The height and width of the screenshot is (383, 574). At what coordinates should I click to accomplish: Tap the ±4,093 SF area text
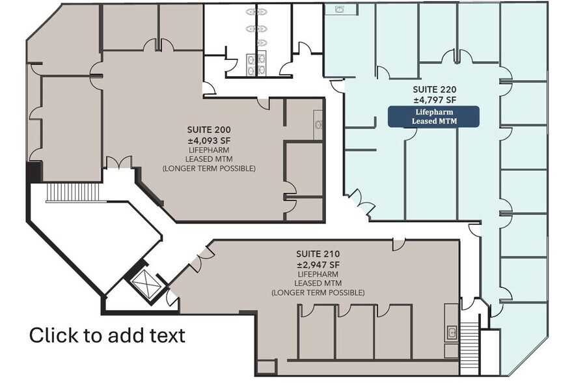[x=208, y=139]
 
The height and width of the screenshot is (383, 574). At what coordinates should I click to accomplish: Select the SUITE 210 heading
[x=318, y=254]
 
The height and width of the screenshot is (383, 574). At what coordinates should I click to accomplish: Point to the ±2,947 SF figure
[x=318, y=264]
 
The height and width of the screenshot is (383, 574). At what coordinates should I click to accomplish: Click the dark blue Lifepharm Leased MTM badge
[x=433, y=117]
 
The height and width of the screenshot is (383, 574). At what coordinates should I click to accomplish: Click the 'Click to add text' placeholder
[x=107, y=335]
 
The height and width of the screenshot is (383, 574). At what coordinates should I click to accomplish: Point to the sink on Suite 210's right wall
[x=451, y=332]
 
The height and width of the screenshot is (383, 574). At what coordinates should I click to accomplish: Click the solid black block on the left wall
[x=32, y=172]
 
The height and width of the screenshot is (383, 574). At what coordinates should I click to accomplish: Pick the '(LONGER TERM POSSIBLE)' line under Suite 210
[x=318, y=293]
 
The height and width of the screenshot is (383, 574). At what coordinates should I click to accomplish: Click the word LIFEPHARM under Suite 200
[x=208, y=149]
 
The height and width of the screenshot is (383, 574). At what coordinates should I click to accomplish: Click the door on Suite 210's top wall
[x=398, y=244]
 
